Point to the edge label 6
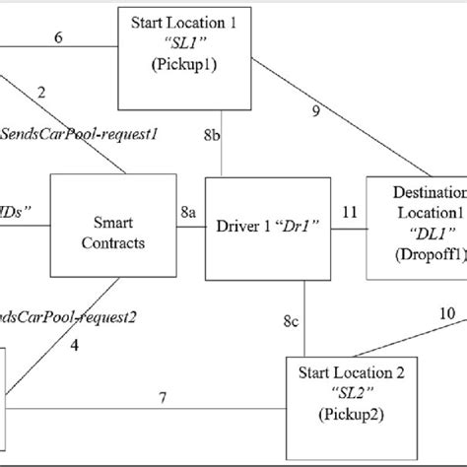pyautogui.click(x=58, y=36)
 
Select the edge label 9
pyautogui.click(x=314, y=111)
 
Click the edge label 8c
pyautogui.click(x=291, y=321)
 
